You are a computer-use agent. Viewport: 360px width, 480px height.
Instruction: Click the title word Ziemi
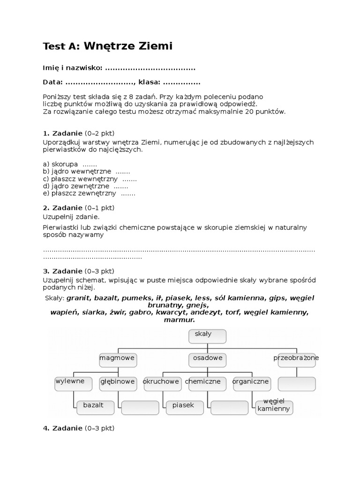(152, 46)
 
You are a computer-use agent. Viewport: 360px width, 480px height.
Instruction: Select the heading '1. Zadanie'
(63, 133)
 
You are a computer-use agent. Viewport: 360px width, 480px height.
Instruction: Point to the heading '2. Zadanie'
(63, 208)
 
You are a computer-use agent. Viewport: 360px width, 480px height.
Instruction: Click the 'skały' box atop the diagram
(207, 336)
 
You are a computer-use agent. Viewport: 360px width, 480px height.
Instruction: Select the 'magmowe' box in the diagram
(117, 360)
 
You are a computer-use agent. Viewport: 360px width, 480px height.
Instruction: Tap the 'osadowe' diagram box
(207, 360)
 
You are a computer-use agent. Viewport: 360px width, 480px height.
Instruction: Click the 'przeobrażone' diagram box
(296, 360)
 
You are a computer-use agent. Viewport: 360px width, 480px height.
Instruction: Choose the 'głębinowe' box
(117, 383)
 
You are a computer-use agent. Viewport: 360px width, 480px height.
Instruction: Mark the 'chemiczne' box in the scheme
(202, 383)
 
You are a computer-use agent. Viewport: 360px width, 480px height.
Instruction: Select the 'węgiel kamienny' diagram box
(274, 407)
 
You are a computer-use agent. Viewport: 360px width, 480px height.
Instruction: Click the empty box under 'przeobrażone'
(296, 384)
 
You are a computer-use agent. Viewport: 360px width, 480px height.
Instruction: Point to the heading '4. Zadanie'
(63, 428)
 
